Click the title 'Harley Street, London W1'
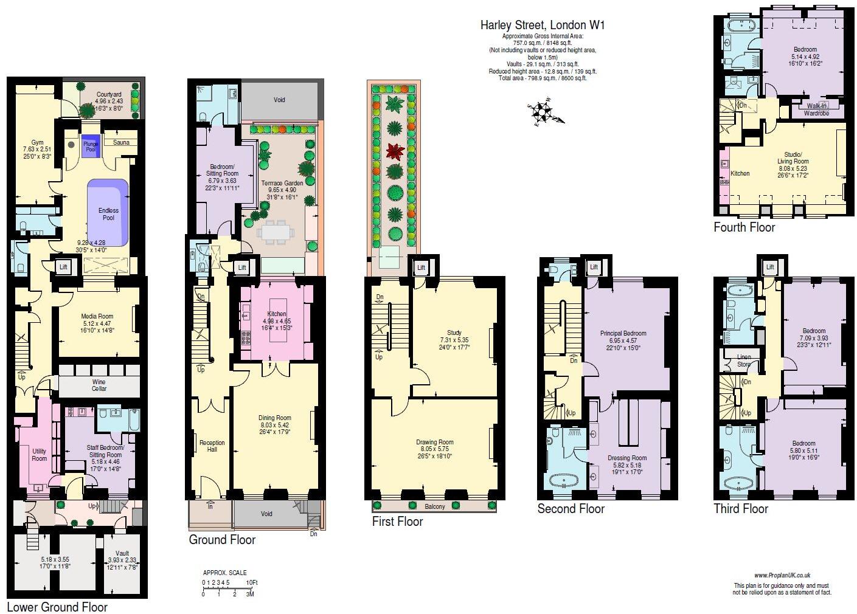pos(543,25)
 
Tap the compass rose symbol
pos(542,112)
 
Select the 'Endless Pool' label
pos(108,214)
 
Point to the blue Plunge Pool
pos(91,146)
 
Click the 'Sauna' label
pos(120,142)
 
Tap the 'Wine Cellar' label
pos(99,385)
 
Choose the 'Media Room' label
pos(97,316)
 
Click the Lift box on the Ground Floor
pos(242,267)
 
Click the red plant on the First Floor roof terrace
pos(395,150)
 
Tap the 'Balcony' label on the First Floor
pos(434,506)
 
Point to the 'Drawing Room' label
pos(435,443)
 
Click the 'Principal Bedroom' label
pos(623,333)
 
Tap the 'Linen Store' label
pos(743,360)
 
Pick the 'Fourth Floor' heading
pos(744,227)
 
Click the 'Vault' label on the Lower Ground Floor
pos(122,554)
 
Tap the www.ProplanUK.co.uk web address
pos(782,575)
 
